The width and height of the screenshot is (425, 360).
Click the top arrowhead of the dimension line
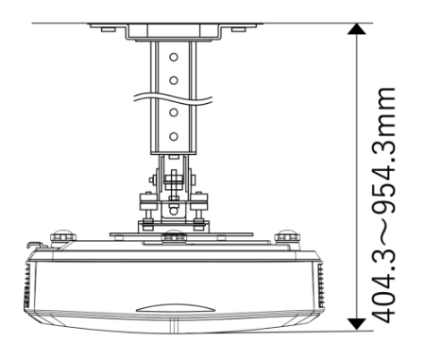coord(356,29)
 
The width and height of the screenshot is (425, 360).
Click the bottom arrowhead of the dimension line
coord(356,324)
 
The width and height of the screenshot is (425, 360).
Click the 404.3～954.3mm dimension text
coord(383,205)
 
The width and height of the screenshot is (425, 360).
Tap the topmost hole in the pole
coord(174,57)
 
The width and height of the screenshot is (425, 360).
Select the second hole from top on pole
coord(174,80)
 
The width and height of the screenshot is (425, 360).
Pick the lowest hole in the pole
coord(174,137)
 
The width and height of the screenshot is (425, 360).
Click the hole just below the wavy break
coord(174,112)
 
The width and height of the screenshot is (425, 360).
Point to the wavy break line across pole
coord(173,98)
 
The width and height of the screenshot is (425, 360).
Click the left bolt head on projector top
coord(63,236)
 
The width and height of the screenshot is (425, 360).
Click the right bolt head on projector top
coord(287,236)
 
